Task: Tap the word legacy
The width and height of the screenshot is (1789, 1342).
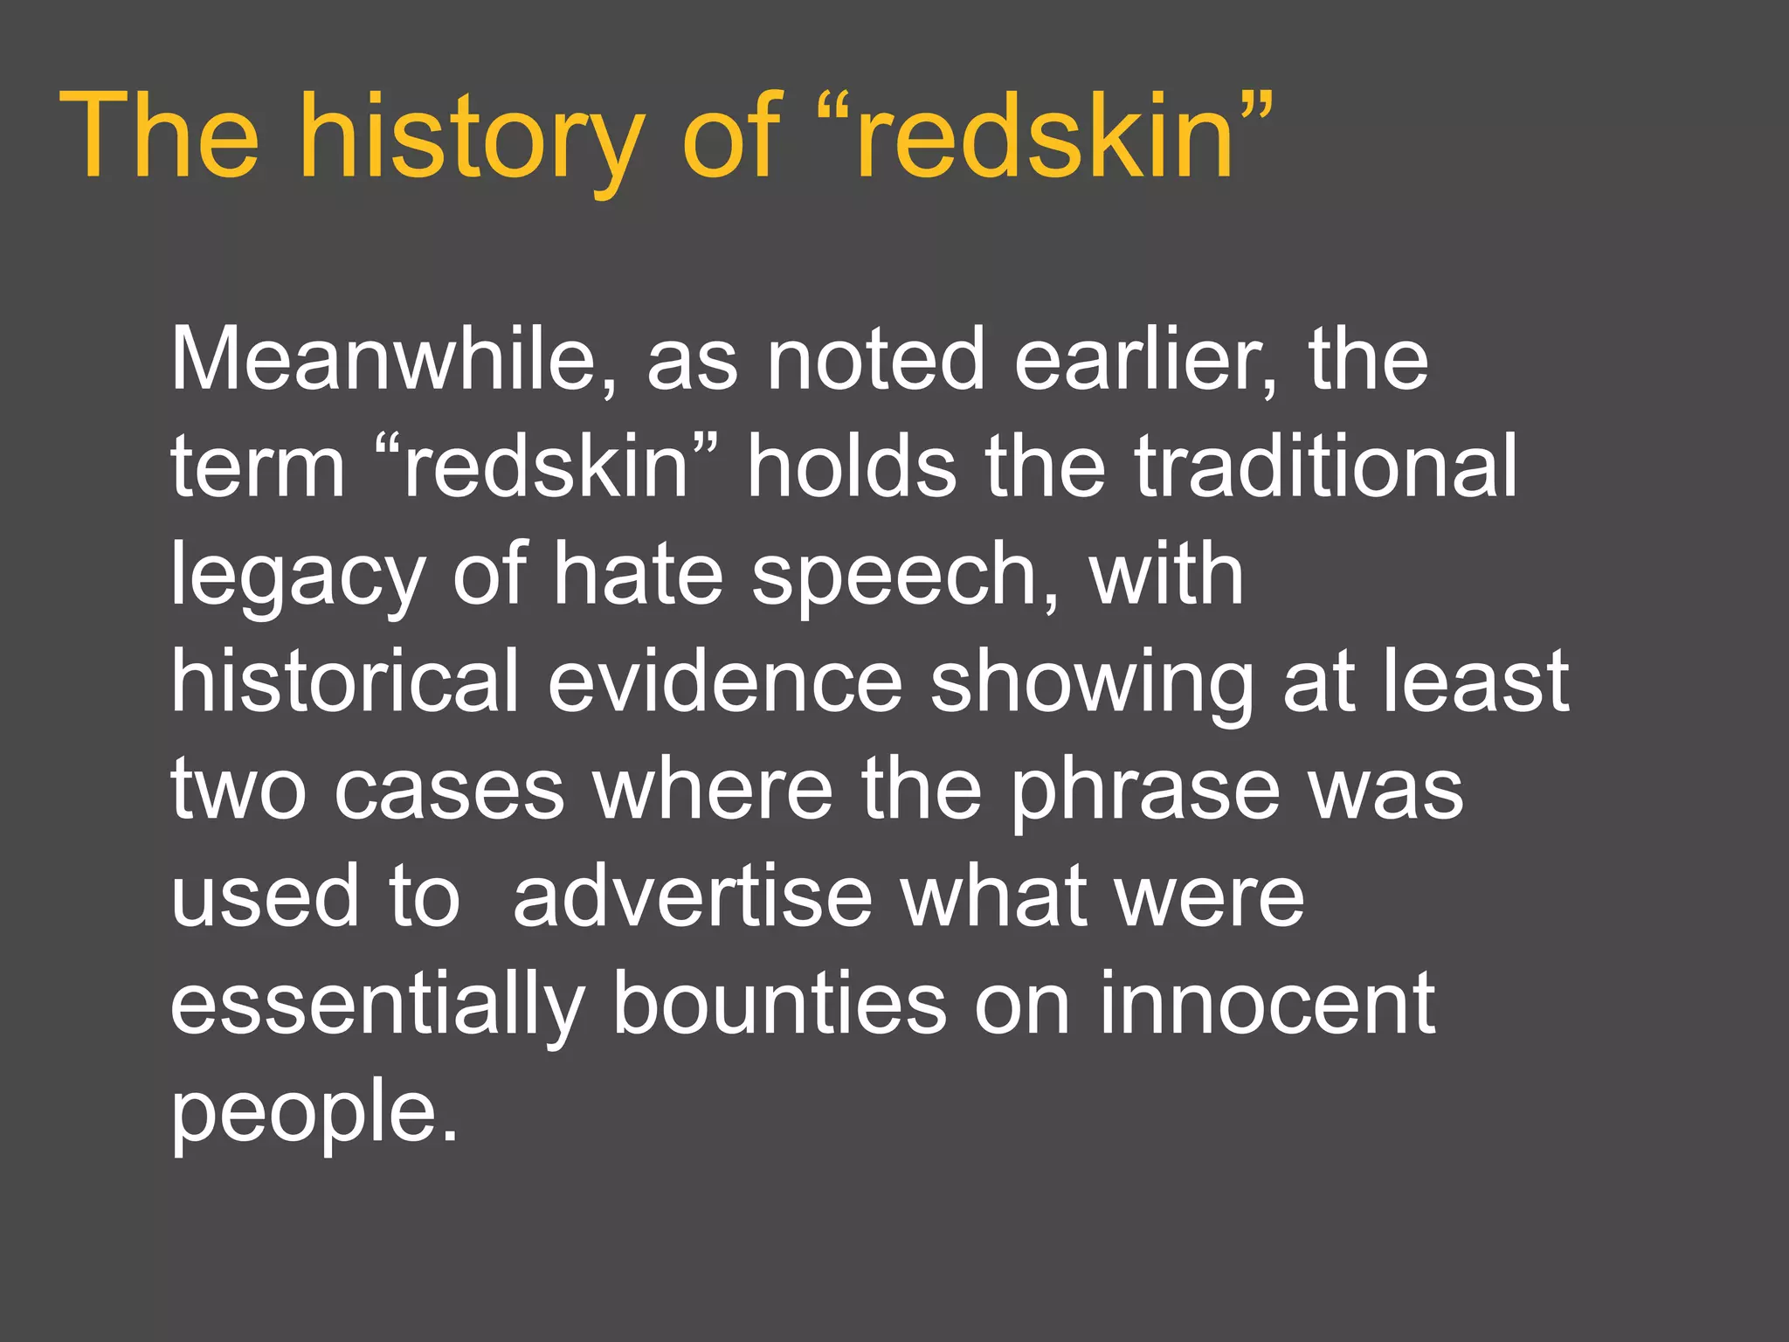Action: click(x=297, y=577)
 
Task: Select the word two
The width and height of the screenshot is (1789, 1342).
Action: click(x=238, y=791)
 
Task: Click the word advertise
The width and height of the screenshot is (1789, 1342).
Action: click(x=693, y=897)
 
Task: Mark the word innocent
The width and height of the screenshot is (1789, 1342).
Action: click(x=1267, y=1005)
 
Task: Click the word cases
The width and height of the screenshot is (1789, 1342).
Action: click(x=450, y=791)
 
